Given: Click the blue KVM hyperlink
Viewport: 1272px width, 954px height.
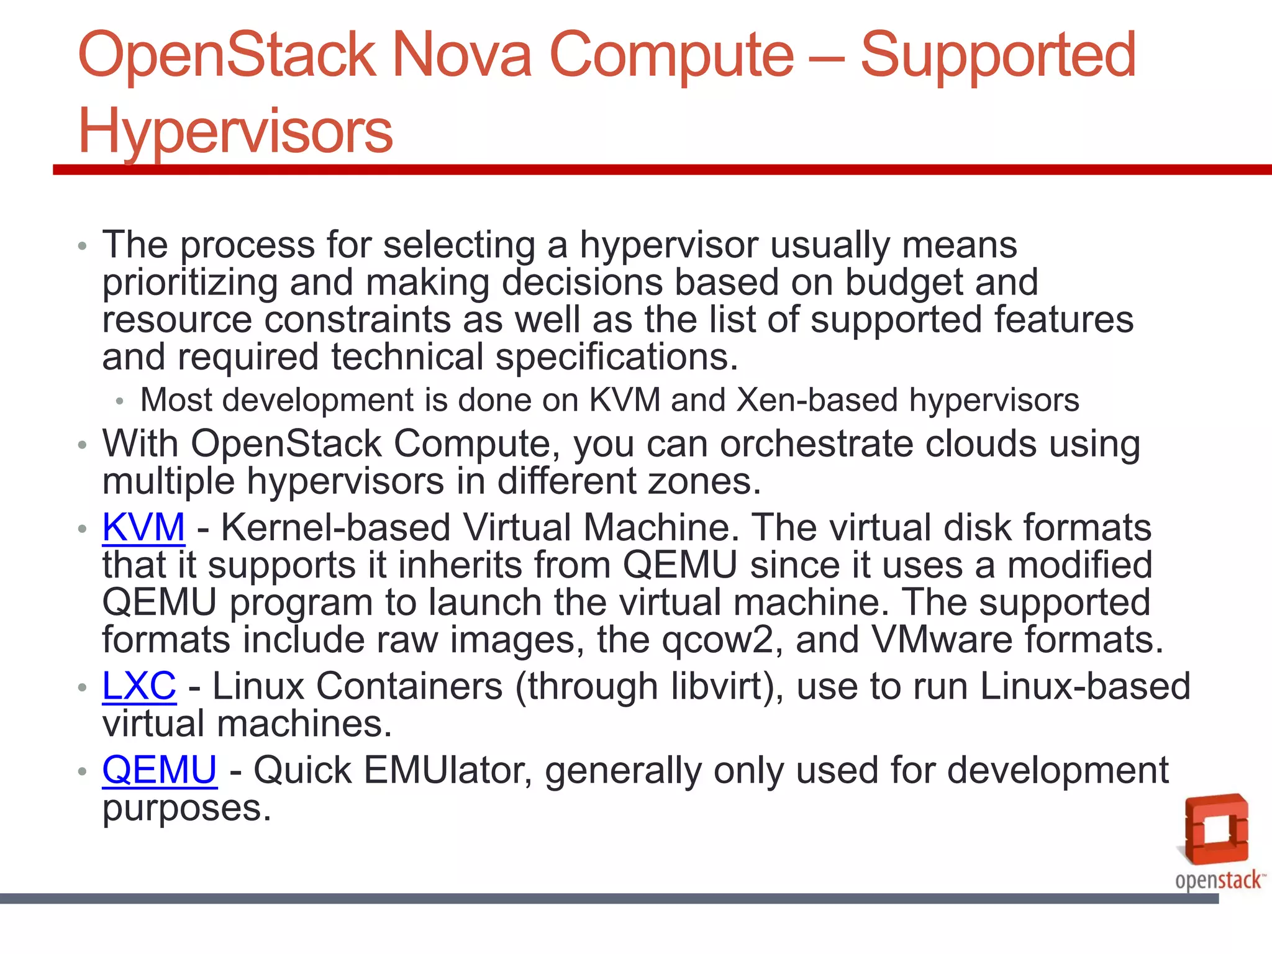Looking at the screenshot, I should pyautogui.click(x=143, y=527).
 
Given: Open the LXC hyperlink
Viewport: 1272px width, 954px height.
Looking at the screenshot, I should pyautogui.click(x=139, y=686).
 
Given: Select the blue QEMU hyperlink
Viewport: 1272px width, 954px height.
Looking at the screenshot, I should pyautogui.click(x=160, y=770).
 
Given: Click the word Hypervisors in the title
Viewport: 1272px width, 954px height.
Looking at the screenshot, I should pyautogui.click(x=235, y=131).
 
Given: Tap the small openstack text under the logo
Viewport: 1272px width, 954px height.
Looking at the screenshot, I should pyautogui.click(x=1218, y=880).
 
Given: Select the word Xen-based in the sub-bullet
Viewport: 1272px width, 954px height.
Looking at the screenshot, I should pyautogui.click(x=817, y=400).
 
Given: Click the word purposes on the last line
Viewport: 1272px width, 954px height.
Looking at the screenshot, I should pyautogui.click(x=186, y=809).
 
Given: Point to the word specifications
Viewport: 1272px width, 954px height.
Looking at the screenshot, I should pyautogui.click(x=617, y=358).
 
